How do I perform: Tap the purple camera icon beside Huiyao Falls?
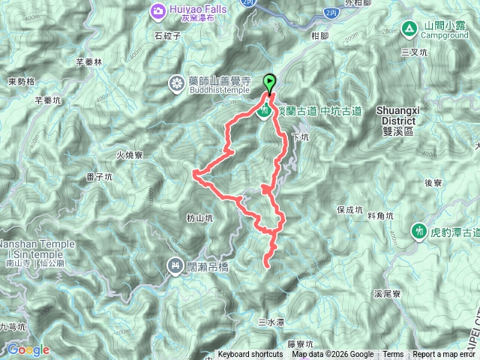(159, 10)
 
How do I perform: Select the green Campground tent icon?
(409, 29)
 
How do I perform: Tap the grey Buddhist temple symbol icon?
(176, 82)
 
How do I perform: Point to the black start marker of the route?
(268, 82)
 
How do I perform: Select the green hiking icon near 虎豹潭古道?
(418, 232)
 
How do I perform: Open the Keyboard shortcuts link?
(250, 355)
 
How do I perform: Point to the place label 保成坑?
(349, 210)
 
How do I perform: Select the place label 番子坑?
(99, 178)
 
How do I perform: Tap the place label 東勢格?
(21, 82)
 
